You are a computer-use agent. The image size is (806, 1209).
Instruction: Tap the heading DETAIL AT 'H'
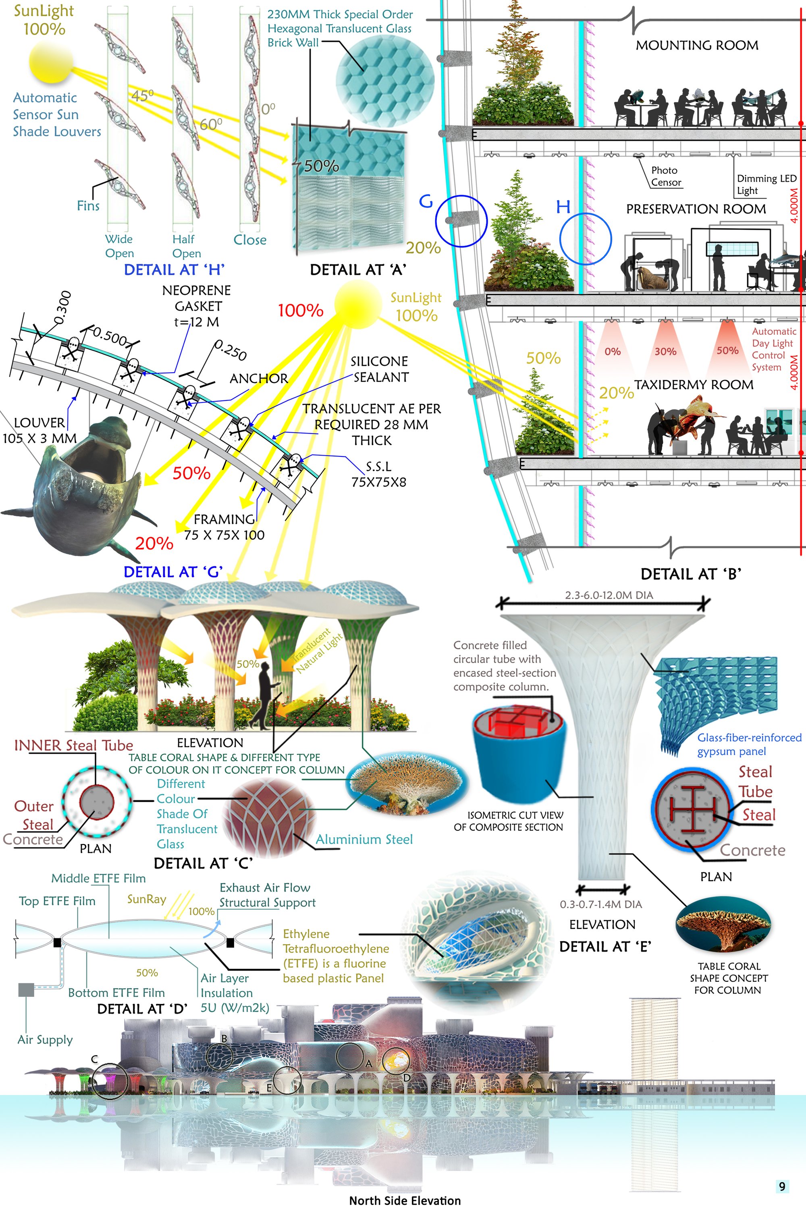click(x=174, y=270)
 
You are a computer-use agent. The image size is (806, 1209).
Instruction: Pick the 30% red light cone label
click(x=665, y=351)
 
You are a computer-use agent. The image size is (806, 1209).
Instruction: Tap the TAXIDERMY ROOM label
click(x=694, y=384)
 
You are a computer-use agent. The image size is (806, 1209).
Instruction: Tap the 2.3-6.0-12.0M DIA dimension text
click(x=609, y=595)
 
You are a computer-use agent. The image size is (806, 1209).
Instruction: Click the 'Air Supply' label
click(x=45, y=1039)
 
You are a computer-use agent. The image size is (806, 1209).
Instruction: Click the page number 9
click(x=782, y=1186)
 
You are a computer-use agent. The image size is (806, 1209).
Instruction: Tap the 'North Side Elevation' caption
click(x=405, y=1200)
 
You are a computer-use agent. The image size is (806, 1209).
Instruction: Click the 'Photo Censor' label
click(x=666, y=176)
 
